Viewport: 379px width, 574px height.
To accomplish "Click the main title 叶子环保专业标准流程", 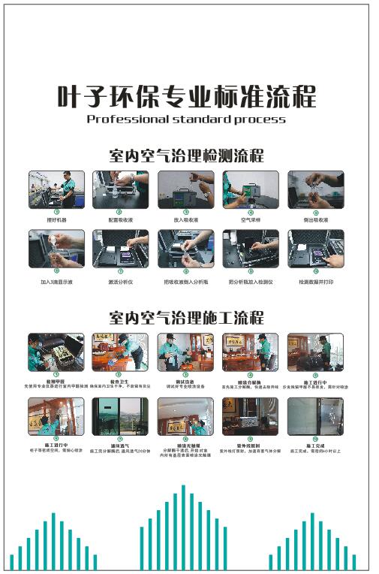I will pos(187,97).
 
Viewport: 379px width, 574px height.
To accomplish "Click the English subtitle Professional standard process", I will pos(186,119).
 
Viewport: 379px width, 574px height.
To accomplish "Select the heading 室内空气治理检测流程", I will pos(186,156).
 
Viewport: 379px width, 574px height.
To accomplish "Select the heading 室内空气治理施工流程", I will pos(186,317).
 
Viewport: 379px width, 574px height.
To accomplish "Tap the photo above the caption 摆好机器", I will pos(56,189).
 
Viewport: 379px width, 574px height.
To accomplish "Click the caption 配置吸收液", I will pos(121,220).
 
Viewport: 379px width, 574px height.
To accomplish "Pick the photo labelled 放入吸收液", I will pos(185,189).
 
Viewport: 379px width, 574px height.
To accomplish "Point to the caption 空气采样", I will pos(251,220).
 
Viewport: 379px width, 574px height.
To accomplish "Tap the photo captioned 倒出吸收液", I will pos(315,189).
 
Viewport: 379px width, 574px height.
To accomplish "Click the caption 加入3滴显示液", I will pos(56,282).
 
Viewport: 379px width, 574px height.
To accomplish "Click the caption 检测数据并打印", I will pos(315,282).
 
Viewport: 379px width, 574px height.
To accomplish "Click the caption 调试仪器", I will pos(185,382).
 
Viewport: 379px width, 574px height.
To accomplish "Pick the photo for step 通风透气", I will pos(121,416).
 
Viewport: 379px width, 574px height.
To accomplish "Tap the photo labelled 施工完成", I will pos(315,416).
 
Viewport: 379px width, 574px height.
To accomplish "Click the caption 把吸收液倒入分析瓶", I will pos(185,282).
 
